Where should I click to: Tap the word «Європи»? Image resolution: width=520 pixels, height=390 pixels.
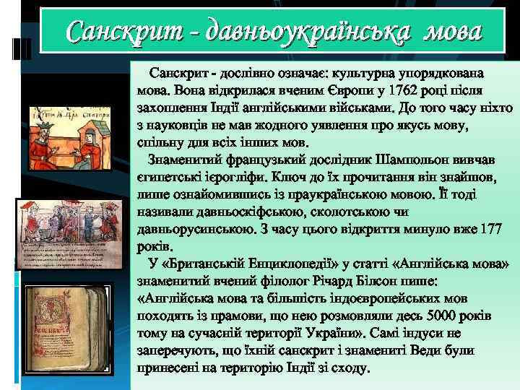[334, 90]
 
